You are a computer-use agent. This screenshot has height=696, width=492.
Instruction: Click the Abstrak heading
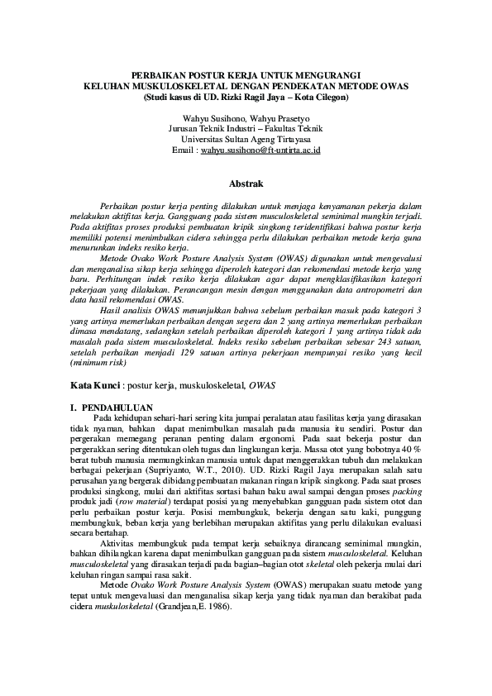pos(246,182)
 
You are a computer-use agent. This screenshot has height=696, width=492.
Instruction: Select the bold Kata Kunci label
pos(94,386)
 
